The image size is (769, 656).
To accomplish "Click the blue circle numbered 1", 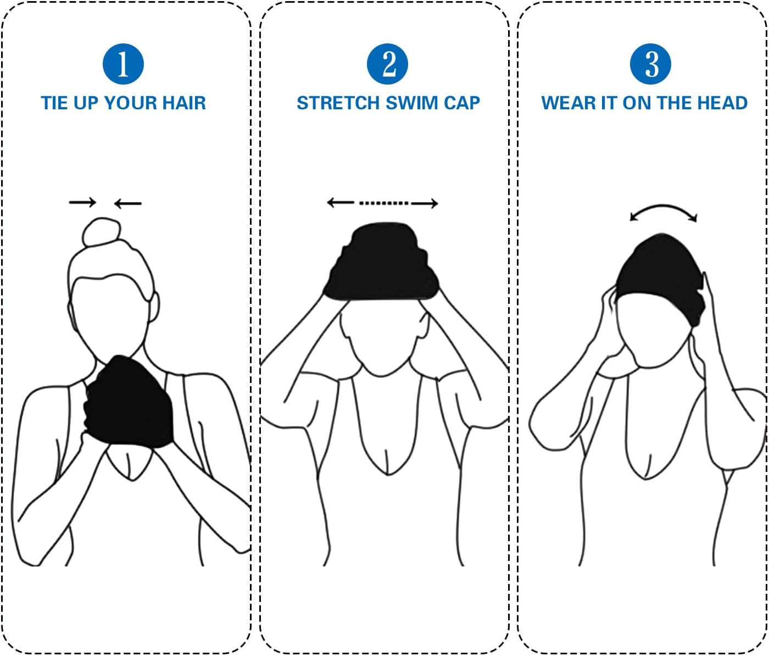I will pyautogui.click(x=123, y=64).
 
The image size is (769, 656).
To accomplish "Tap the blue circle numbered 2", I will pyautogui.click(x=388, y=64).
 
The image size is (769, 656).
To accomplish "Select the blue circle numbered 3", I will pyautogui.click(x=651, y=64).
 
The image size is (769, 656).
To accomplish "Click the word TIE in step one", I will pyautogui.click(x=53, y=103).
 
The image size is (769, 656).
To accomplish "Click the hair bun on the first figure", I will pyautogui.click(x=101, y=233).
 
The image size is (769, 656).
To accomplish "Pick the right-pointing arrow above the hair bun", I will pyautogui.click(x=82, y=203).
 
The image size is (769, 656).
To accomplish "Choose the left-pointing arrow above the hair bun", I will pyautogui.click(x=127, y=204).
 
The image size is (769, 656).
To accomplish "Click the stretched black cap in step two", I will pyautogui.click(x=382, y=263).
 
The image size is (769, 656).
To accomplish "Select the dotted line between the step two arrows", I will pyautogui.click(x=383, y=203).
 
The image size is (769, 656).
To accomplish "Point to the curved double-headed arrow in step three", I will pyautogui.click(x=663, y=212).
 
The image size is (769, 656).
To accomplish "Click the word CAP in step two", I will pyautogui.click(x=462, y=103).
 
